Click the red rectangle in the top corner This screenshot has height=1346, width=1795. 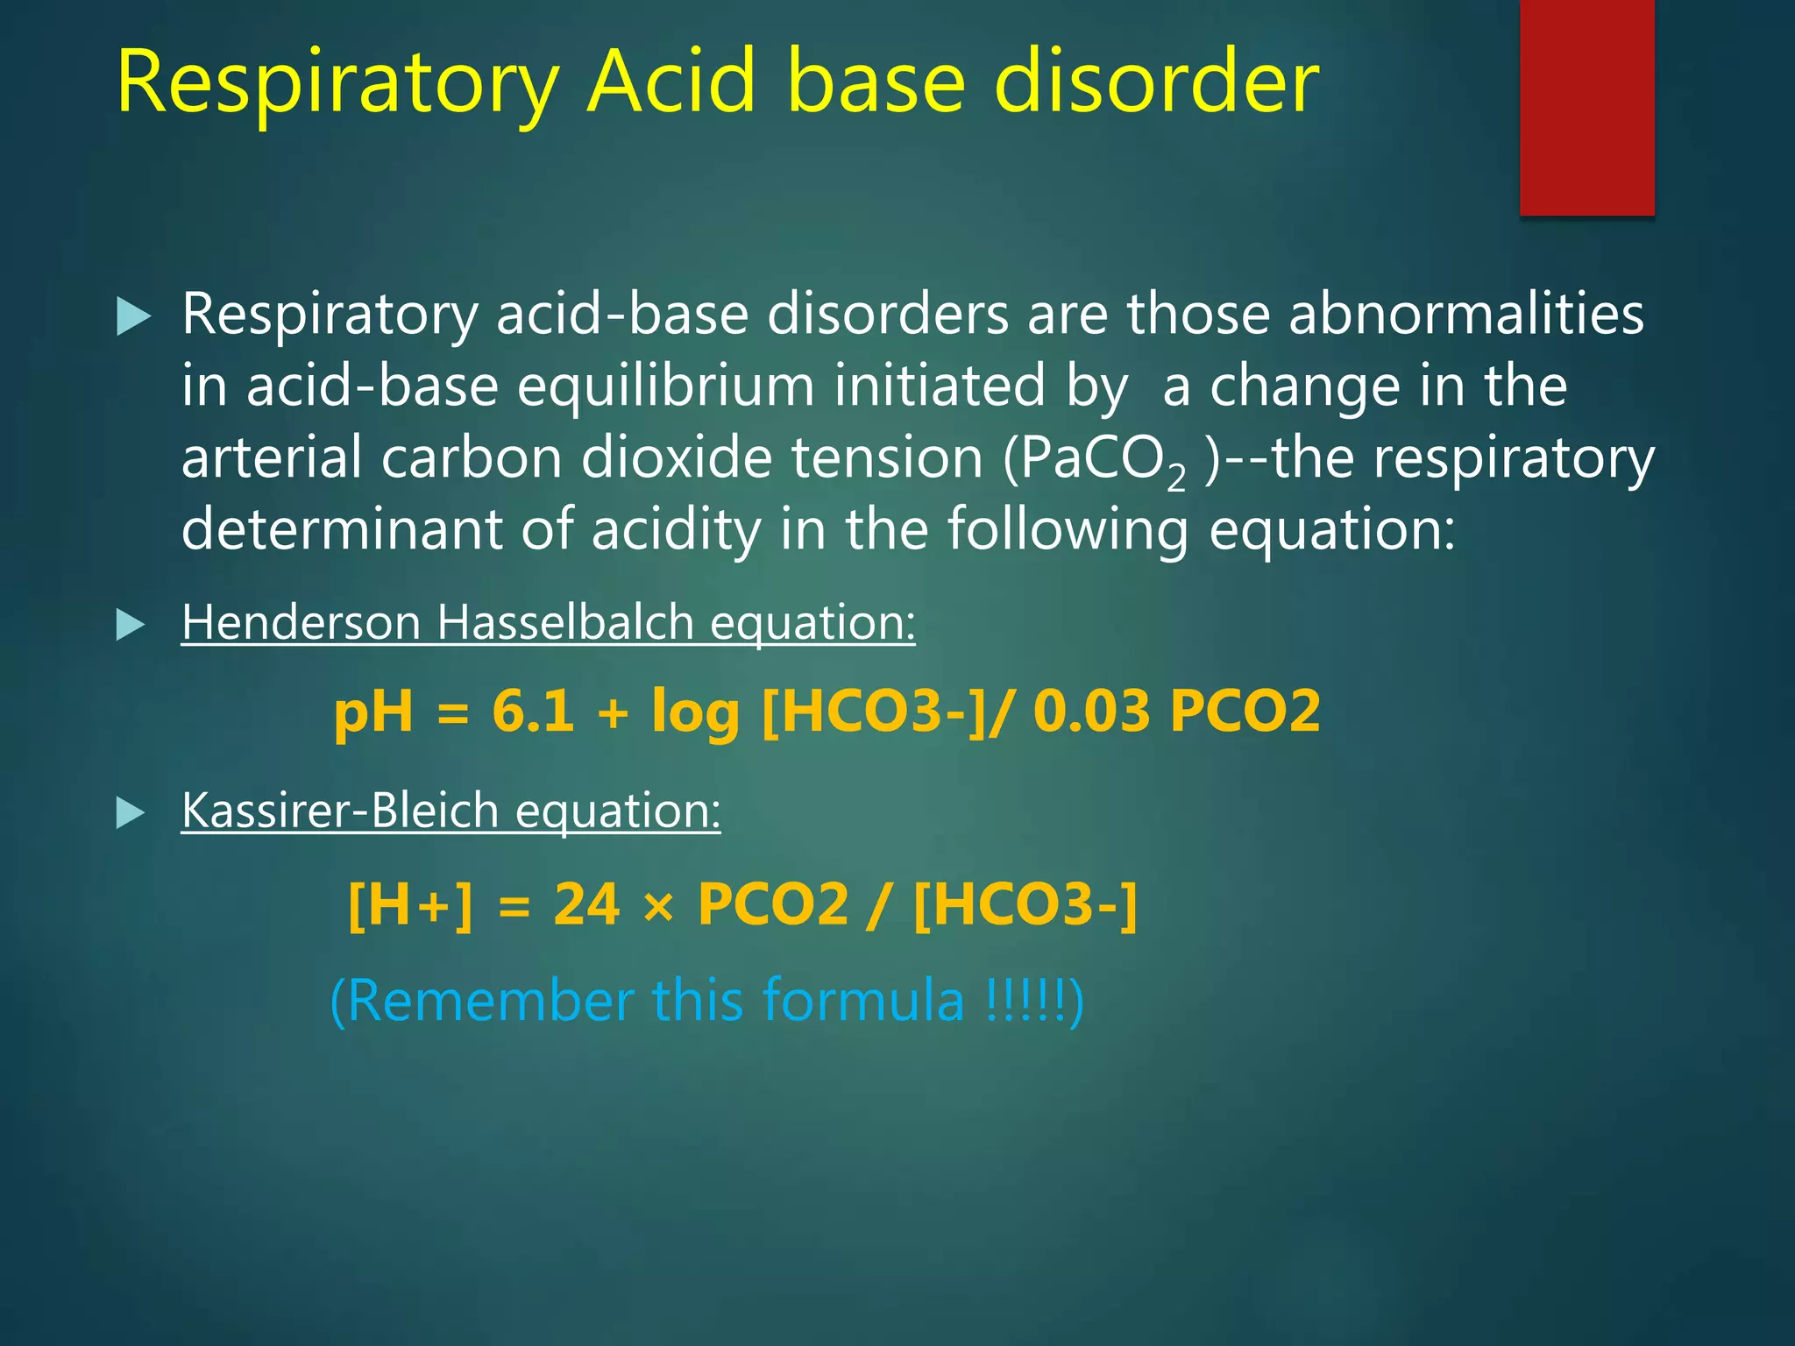1586,107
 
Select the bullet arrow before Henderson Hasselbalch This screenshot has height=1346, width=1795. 131,625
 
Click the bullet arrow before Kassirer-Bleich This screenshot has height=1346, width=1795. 131,812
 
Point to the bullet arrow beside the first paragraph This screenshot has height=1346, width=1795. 133,316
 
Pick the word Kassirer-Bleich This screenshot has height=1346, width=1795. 340,810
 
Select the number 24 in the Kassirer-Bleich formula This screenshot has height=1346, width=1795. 586,903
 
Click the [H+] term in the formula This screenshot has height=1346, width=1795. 410,903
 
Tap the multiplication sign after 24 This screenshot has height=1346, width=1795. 658,906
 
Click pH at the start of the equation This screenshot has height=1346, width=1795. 373,712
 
